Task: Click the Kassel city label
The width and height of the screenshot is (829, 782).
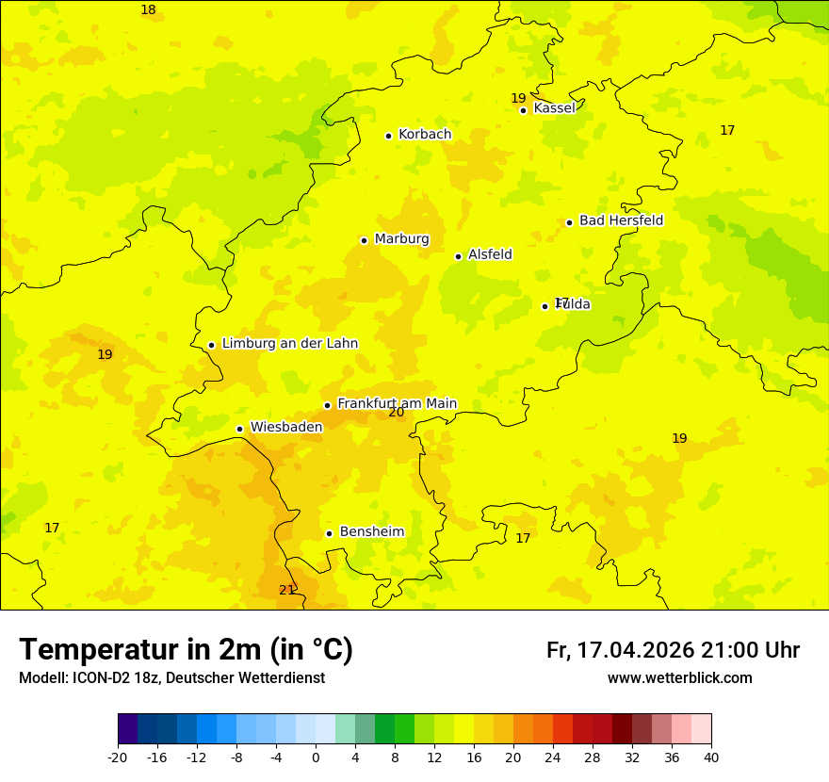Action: tap(554, 108)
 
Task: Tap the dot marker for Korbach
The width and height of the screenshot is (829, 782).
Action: tap(388, 136)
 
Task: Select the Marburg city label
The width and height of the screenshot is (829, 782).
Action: tap(401, 239)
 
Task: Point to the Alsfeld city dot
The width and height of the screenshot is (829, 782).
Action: tap(458, 256)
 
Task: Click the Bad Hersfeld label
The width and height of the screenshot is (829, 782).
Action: tap(621, 220)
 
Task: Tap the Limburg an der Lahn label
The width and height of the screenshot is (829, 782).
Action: tap(289, 344)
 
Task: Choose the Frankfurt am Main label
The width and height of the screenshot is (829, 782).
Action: tap(397, 403)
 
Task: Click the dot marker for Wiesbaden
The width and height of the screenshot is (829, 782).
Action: tap(239, 430)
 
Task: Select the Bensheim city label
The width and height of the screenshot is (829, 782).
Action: tap(371, 532)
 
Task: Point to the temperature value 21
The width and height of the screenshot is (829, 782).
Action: tap(286, 591)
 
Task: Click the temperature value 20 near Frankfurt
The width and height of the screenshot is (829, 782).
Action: tap(396, 413)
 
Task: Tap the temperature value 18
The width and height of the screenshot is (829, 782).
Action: tap(148, 10)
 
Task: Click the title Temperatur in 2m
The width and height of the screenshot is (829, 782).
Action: tap(186, 650)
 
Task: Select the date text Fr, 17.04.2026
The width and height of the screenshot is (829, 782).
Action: tap(620, 651)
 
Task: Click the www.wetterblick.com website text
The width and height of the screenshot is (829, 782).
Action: tap(679, 678)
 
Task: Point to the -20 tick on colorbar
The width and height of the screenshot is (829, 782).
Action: tap(118, 757)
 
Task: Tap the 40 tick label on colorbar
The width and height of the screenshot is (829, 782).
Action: tap(711, 757)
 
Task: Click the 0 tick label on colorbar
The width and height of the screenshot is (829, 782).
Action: tap(316, 757)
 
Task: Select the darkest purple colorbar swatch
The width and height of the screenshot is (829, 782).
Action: tap(127, 729)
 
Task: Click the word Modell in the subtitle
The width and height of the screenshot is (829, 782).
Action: tap(41, 678)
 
